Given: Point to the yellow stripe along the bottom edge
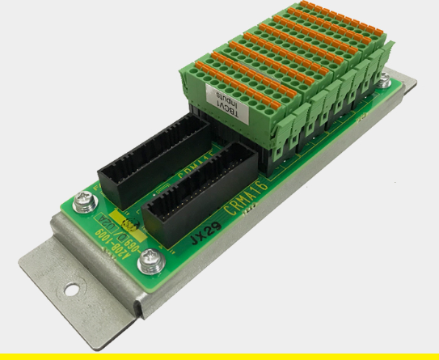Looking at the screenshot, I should pos(219,356).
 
